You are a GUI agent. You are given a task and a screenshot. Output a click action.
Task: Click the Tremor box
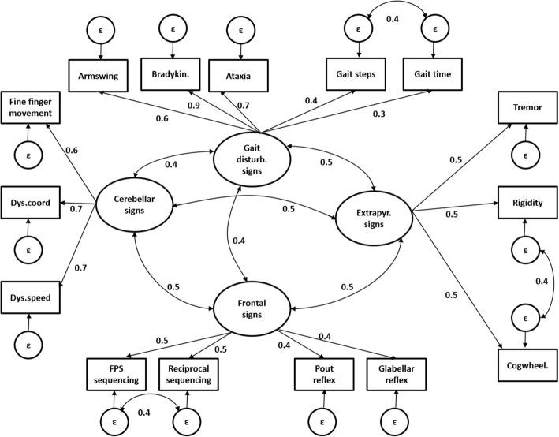coord(524,106)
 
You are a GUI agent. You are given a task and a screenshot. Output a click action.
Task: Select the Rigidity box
coord(524,202)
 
